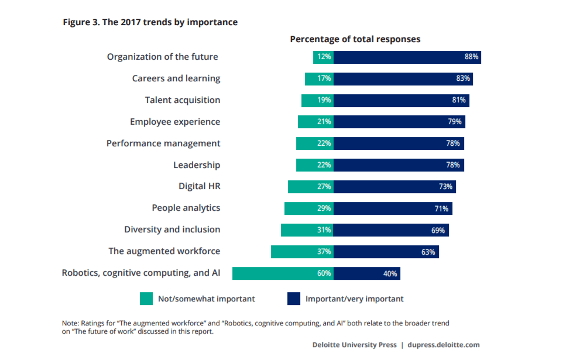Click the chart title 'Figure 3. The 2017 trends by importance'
[150, 22]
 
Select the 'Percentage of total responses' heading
[355, 39]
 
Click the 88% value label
[472, 57]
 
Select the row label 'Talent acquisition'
[183, 100]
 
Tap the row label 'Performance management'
[163, 143]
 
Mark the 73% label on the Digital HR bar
[446, 187]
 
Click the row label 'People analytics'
[186, 208]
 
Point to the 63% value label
[428, 252]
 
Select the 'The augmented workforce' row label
[164, 251]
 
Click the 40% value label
[391, 273]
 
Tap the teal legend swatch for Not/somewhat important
[146, 299]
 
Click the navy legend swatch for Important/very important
[294, 299]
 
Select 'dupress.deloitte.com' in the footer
[443, 345]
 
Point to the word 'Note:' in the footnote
[70, 323]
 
